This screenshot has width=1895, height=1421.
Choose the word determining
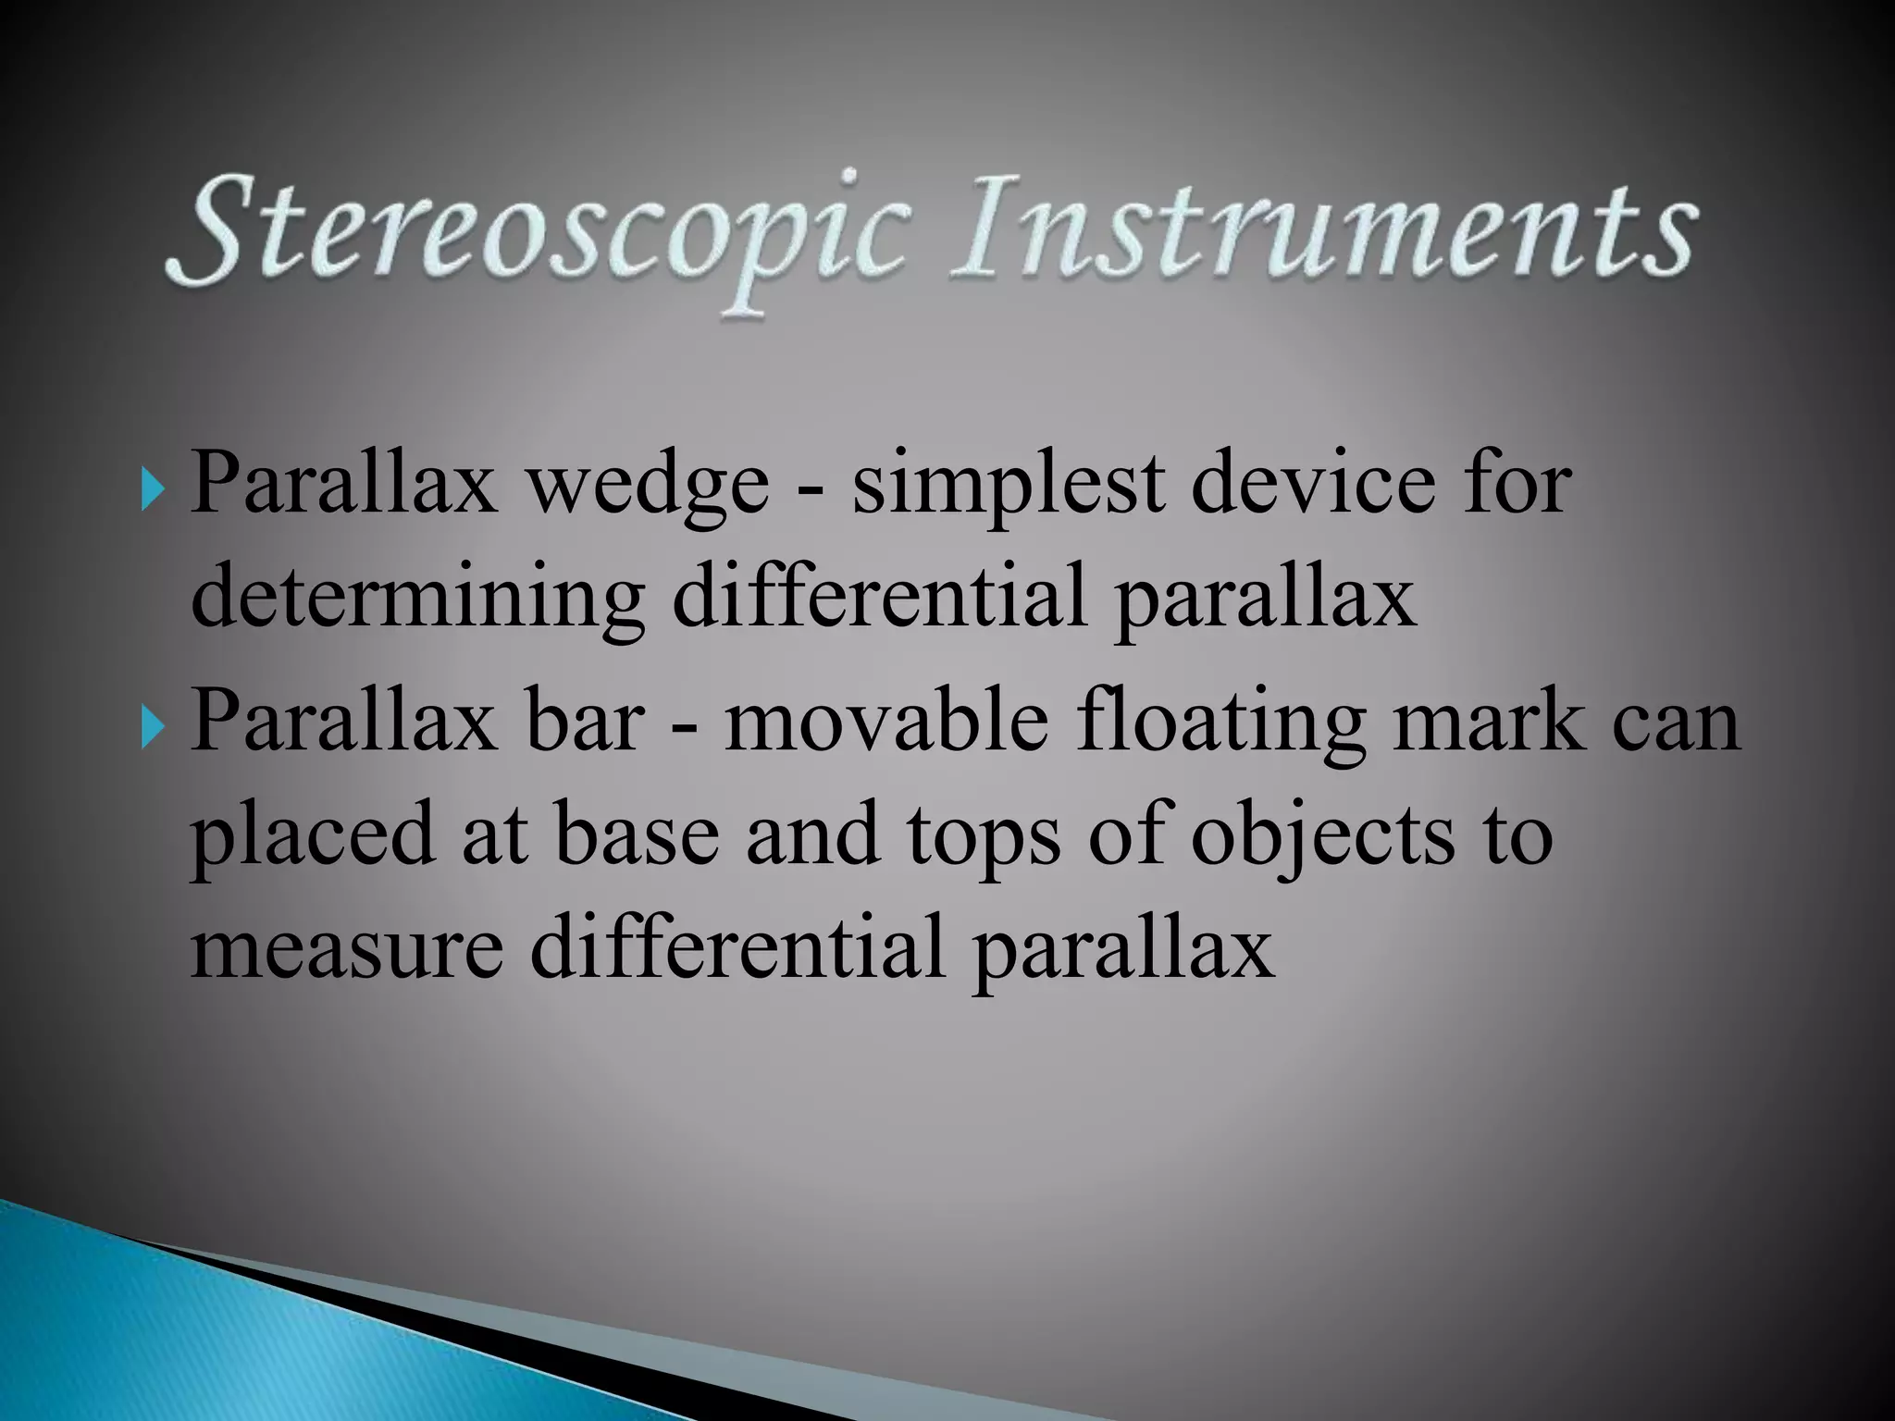coord(416,601)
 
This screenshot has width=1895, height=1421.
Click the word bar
coord(584,721)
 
